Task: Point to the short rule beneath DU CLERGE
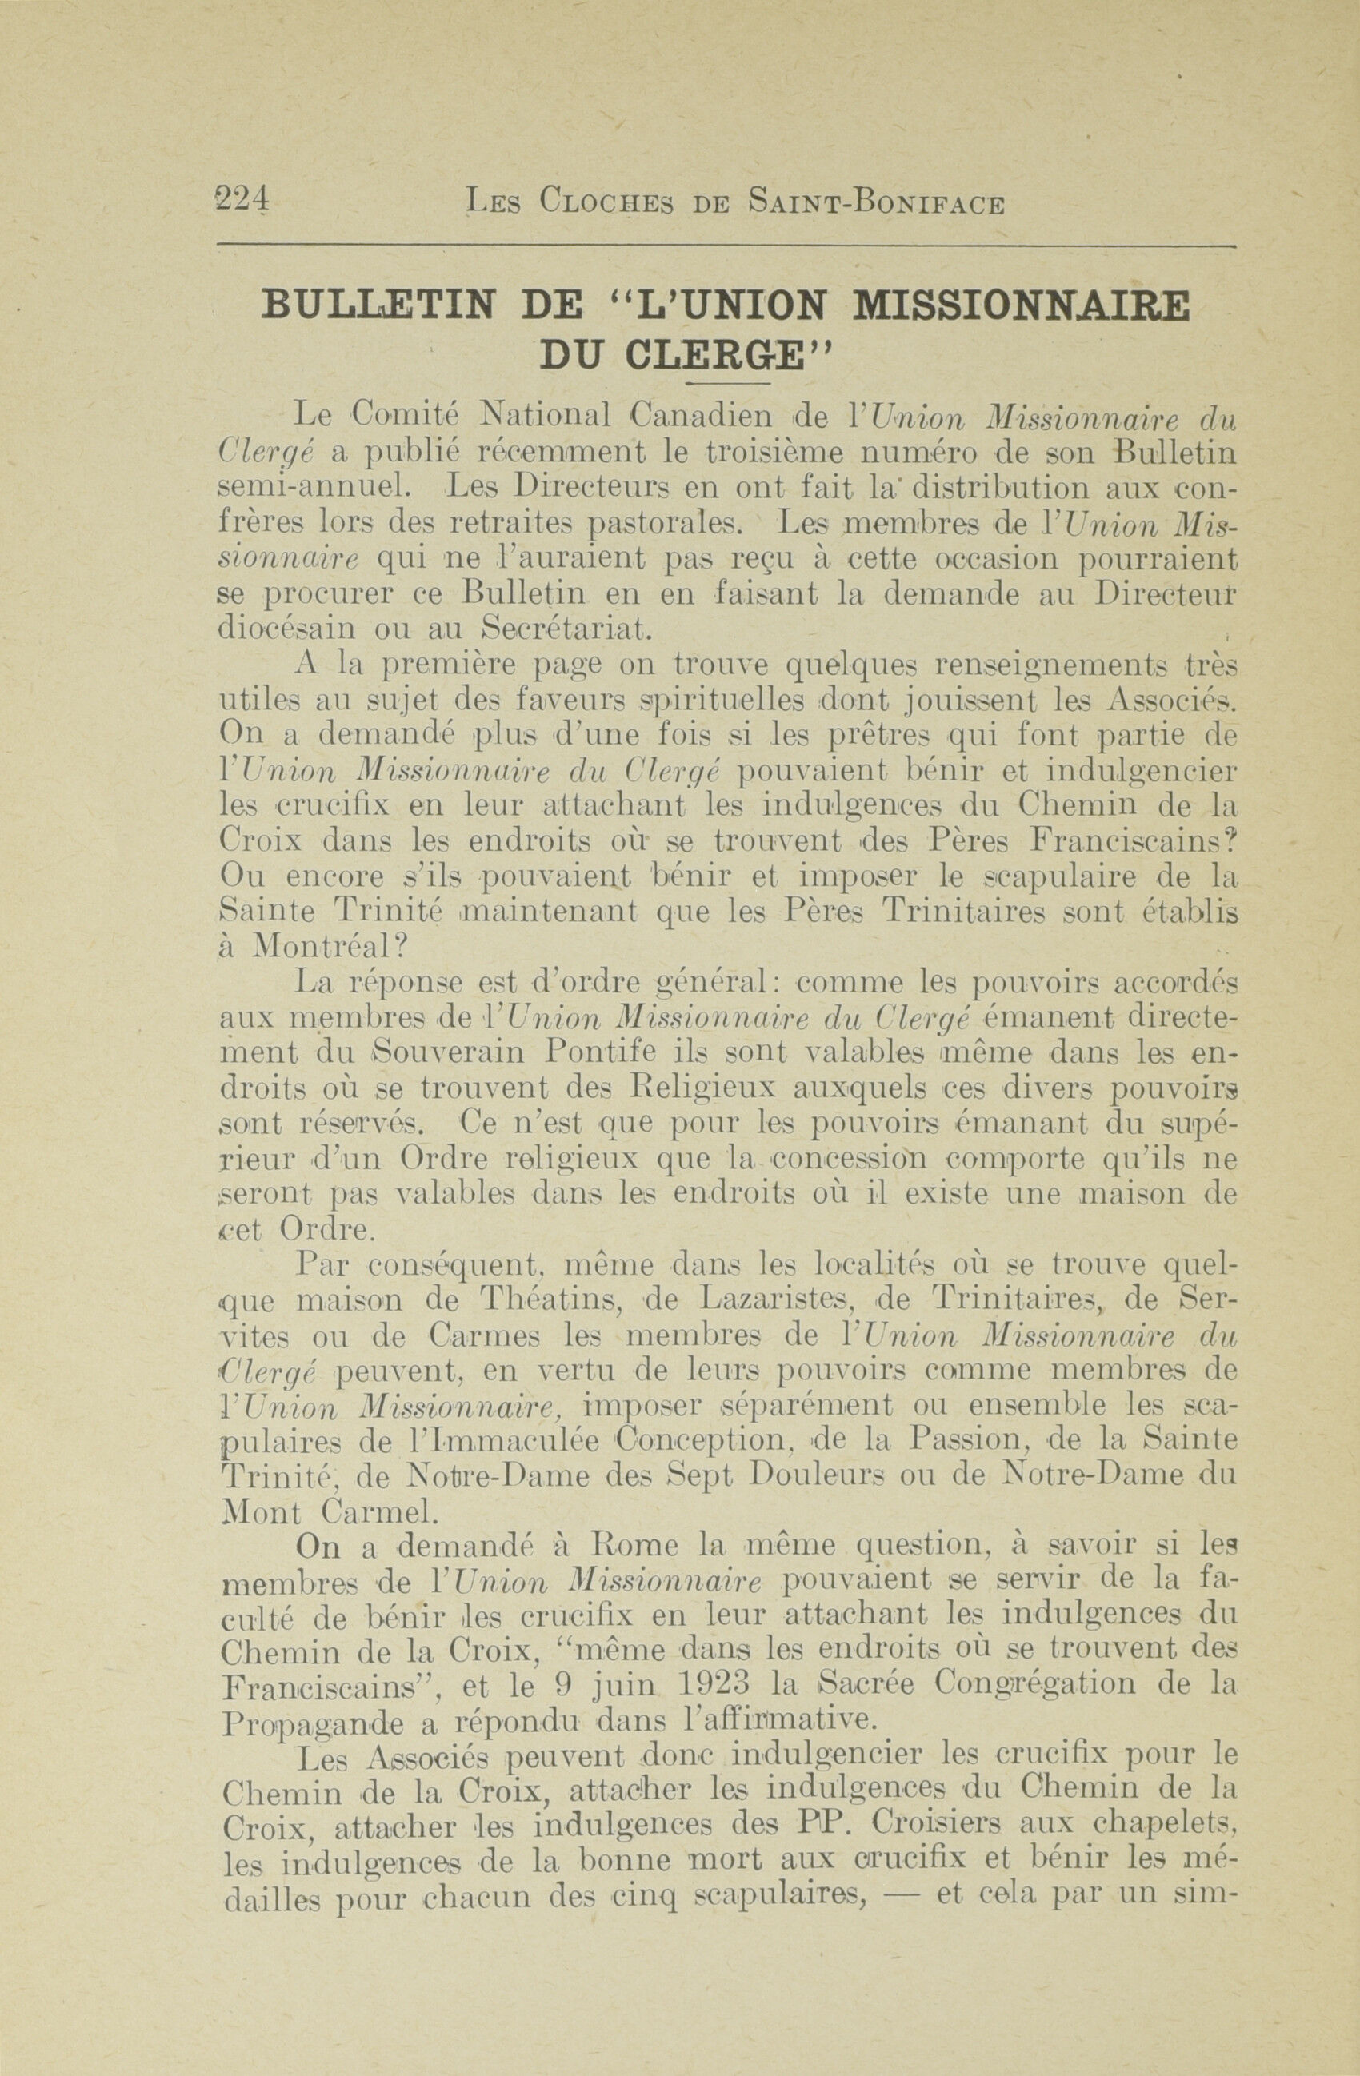click(x=726, y=384)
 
